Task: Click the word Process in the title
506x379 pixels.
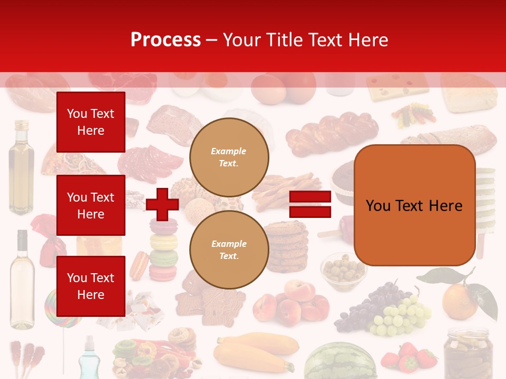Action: coord(166,40)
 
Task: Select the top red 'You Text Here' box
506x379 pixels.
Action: coord(91,122)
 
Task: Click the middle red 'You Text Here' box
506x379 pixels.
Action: coord(91,205)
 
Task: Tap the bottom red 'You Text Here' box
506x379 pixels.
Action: coord(91,286)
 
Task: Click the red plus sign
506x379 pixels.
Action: coord(162,204)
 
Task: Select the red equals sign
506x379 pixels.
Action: coord(310,204)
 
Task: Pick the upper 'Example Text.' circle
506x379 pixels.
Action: coord(229,157)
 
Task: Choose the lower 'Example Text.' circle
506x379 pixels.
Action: coord(229,250)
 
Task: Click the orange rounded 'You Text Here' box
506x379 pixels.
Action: coord(414,205)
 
